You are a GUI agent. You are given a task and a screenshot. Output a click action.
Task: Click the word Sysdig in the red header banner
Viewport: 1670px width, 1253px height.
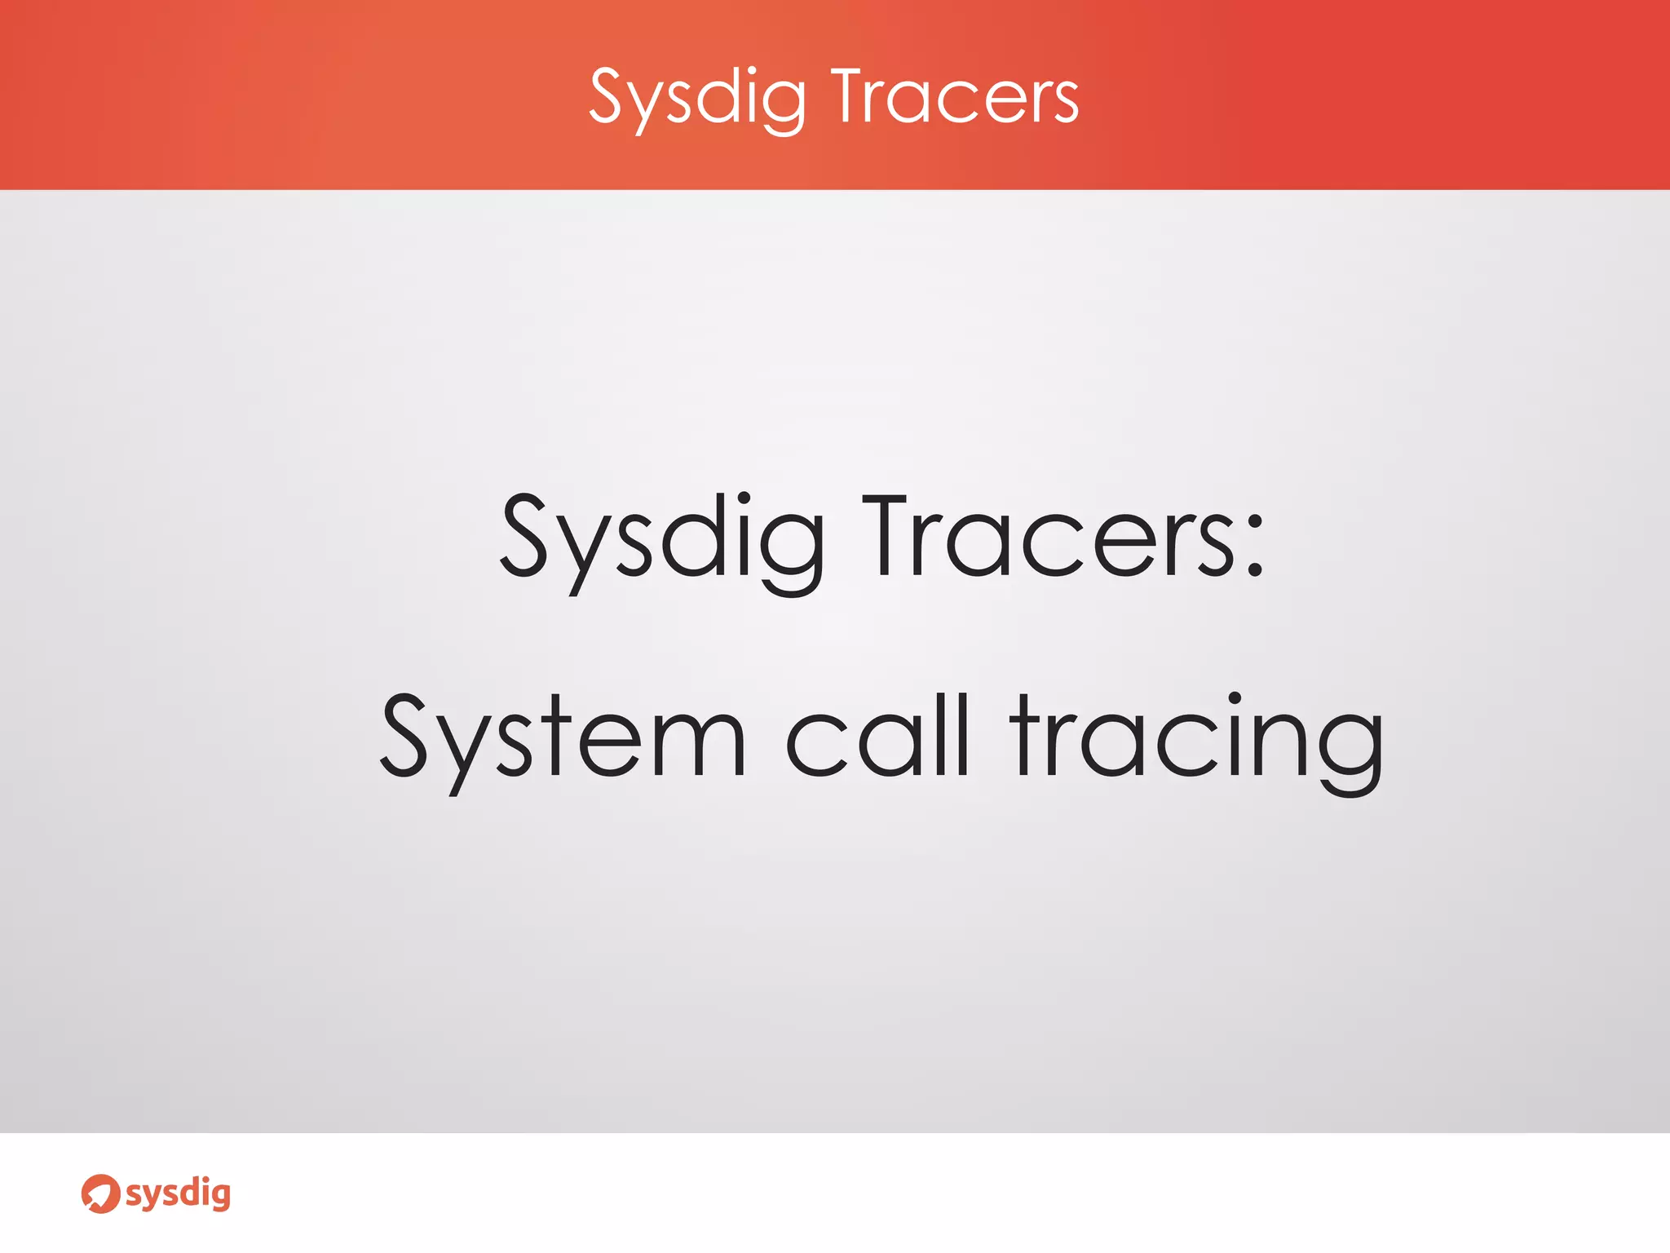click(x=697, y=98)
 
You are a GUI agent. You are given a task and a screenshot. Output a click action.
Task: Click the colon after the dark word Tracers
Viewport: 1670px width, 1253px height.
click(x=1255, y=547)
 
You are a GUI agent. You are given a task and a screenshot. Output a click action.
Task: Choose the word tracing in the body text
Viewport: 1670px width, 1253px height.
click(x=1195, y=739)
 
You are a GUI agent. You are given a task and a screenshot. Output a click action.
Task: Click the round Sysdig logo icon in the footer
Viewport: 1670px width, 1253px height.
click(x=100, y=1193)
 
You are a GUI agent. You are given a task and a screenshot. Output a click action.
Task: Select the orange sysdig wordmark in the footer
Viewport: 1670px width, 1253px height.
click(x=178, y=1194)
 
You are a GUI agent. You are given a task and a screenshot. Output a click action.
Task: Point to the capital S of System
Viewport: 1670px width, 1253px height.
click(x=404, y=734)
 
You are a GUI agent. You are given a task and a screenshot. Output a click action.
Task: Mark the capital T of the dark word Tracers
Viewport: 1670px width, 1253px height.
click(x=884, y=535)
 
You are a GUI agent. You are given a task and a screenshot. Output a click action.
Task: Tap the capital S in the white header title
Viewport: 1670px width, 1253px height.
click(x=607, y=96)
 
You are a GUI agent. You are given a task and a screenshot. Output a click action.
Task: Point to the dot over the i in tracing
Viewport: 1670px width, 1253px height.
click(x=1235, y=699)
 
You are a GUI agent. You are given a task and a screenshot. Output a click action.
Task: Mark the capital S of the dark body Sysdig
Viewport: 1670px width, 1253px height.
click(x=523, y=535)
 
